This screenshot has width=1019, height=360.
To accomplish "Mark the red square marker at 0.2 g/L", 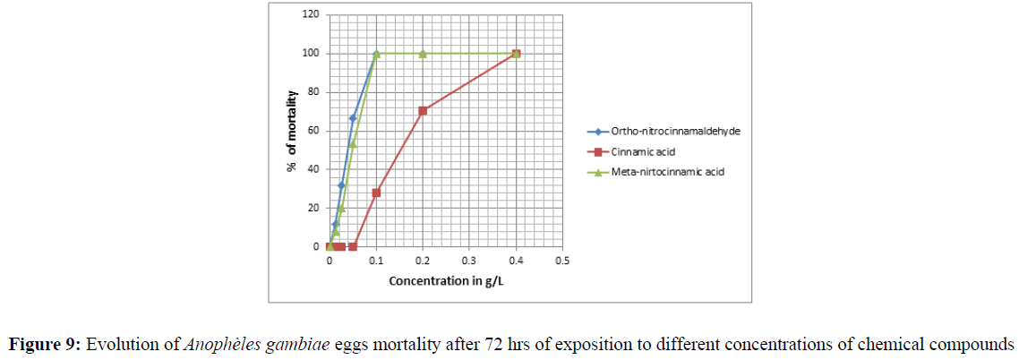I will [x=423, y=110].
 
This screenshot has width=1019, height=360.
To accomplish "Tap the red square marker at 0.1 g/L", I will [x=376, y=193].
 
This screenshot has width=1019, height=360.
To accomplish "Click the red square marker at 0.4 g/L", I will [x=517, y=54].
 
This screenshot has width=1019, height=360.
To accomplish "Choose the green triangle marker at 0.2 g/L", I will [x=423, y=54].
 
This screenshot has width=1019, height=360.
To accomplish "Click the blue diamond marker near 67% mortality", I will [x=353, y=117].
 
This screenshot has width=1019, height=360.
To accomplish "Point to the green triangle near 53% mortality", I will [x=353, y=143].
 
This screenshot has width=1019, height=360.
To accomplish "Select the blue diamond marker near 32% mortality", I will [x=341, y=185].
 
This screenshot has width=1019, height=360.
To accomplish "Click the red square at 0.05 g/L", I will [x=353, y=246].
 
